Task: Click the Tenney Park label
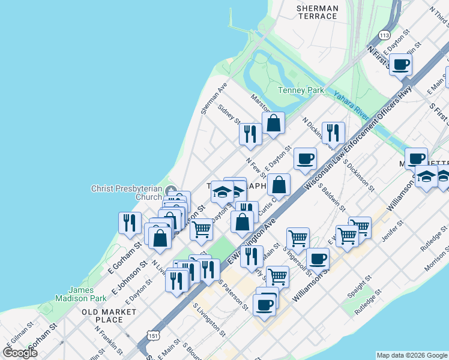(301, 91)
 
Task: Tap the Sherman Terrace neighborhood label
(318, 12)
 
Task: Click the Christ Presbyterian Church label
(127, 193)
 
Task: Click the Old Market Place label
(110, 316)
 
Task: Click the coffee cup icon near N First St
(401, 64)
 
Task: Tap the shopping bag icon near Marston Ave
(273, 123)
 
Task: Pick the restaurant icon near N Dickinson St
(333, 133)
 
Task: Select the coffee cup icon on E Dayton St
(305, 159)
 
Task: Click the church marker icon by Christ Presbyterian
(172, 192)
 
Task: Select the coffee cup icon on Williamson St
(318, 259)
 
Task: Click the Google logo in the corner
(20, 353)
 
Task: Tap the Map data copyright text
(411, 355)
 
